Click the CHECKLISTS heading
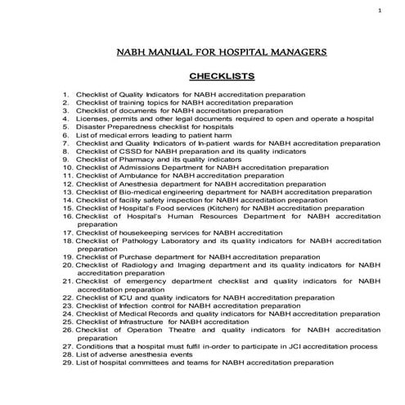218,77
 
